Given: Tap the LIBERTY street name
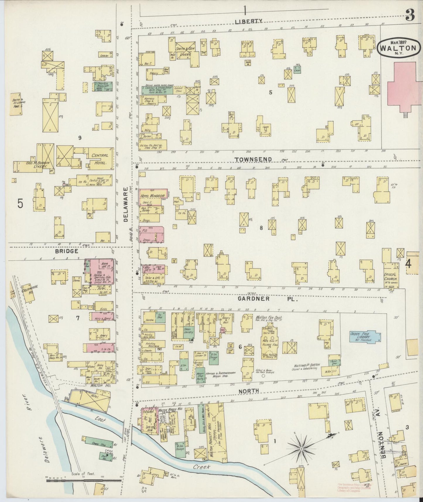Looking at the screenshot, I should click(x=248, y=21).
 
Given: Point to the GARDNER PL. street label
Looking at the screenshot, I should click(x=268, y=299).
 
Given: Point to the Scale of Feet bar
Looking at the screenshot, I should click(x=84, y=479).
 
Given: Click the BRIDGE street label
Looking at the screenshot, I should click(x=68, y=251).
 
